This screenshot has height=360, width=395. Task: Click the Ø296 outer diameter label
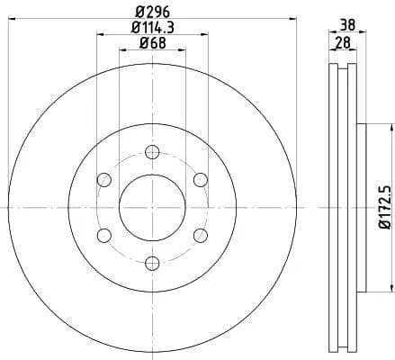[x=152, y=13]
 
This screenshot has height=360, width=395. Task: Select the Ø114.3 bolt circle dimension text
[x=152, y=29]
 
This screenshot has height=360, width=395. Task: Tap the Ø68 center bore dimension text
[x=152, y=45]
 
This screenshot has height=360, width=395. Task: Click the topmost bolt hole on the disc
[x=152, y=151]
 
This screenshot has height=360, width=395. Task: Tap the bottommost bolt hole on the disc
[x=152, y=263]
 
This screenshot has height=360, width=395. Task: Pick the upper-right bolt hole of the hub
[x=200, y=179]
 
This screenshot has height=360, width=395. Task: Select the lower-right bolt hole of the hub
[x=200, y=235]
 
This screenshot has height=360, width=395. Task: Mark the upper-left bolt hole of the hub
[x=104, y=179]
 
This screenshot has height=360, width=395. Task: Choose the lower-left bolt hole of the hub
[x=104, y=235]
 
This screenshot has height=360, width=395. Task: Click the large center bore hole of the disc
[x=152, y=207]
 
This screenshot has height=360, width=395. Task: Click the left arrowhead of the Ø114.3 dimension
[x=98, y=36]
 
